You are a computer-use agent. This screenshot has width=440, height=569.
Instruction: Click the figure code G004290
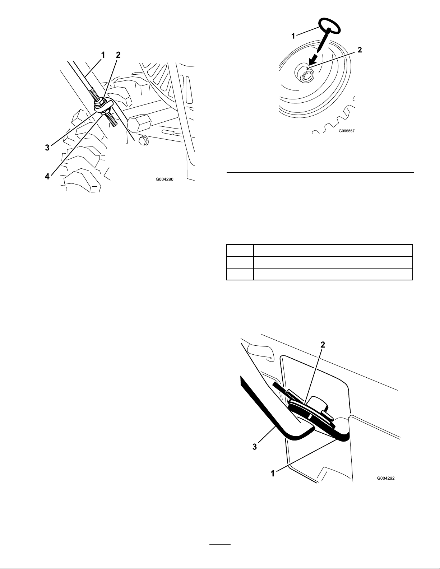pos(165,179)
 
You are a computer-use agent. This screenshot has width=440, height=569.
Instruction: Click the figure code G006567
pos(347,131)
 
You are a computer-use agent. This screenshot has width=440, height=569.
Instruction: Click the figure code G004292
pos(386,478)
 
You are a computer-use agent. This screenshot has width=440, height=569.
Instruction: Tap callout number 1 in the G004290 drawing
pos(103,55)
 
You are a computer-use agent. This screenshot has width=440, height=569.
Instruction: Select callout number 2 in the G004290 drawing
pos(118,55)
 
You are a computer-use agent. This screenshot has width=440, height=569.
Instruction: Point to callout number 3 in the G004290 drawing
pos(47,148)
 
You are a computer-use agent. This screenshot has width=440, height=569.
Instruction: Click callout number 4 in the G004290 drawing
pos(47,177)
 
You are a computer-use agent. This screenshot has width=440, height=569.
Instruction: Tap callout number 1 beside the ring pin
pos(293,36)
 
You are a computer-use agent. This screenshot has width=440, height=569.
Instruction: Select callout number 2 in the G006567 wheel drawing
pos(360,50)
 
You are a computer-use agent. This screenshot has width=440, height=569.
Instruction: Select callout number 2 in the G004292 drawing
pos(323,345)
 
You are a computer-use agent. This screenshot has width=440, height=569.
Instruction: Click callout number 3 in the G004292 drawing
pos(255,447)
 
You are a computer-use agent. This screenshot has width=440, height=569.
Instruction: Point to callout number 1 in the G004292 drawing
pos(273,474)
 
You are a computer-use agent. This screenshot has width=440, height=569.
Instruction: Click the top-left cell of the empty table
pos(240,250)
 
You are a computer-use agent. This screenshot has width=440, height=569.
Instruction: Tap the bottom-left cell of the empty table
pos(240,274)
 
